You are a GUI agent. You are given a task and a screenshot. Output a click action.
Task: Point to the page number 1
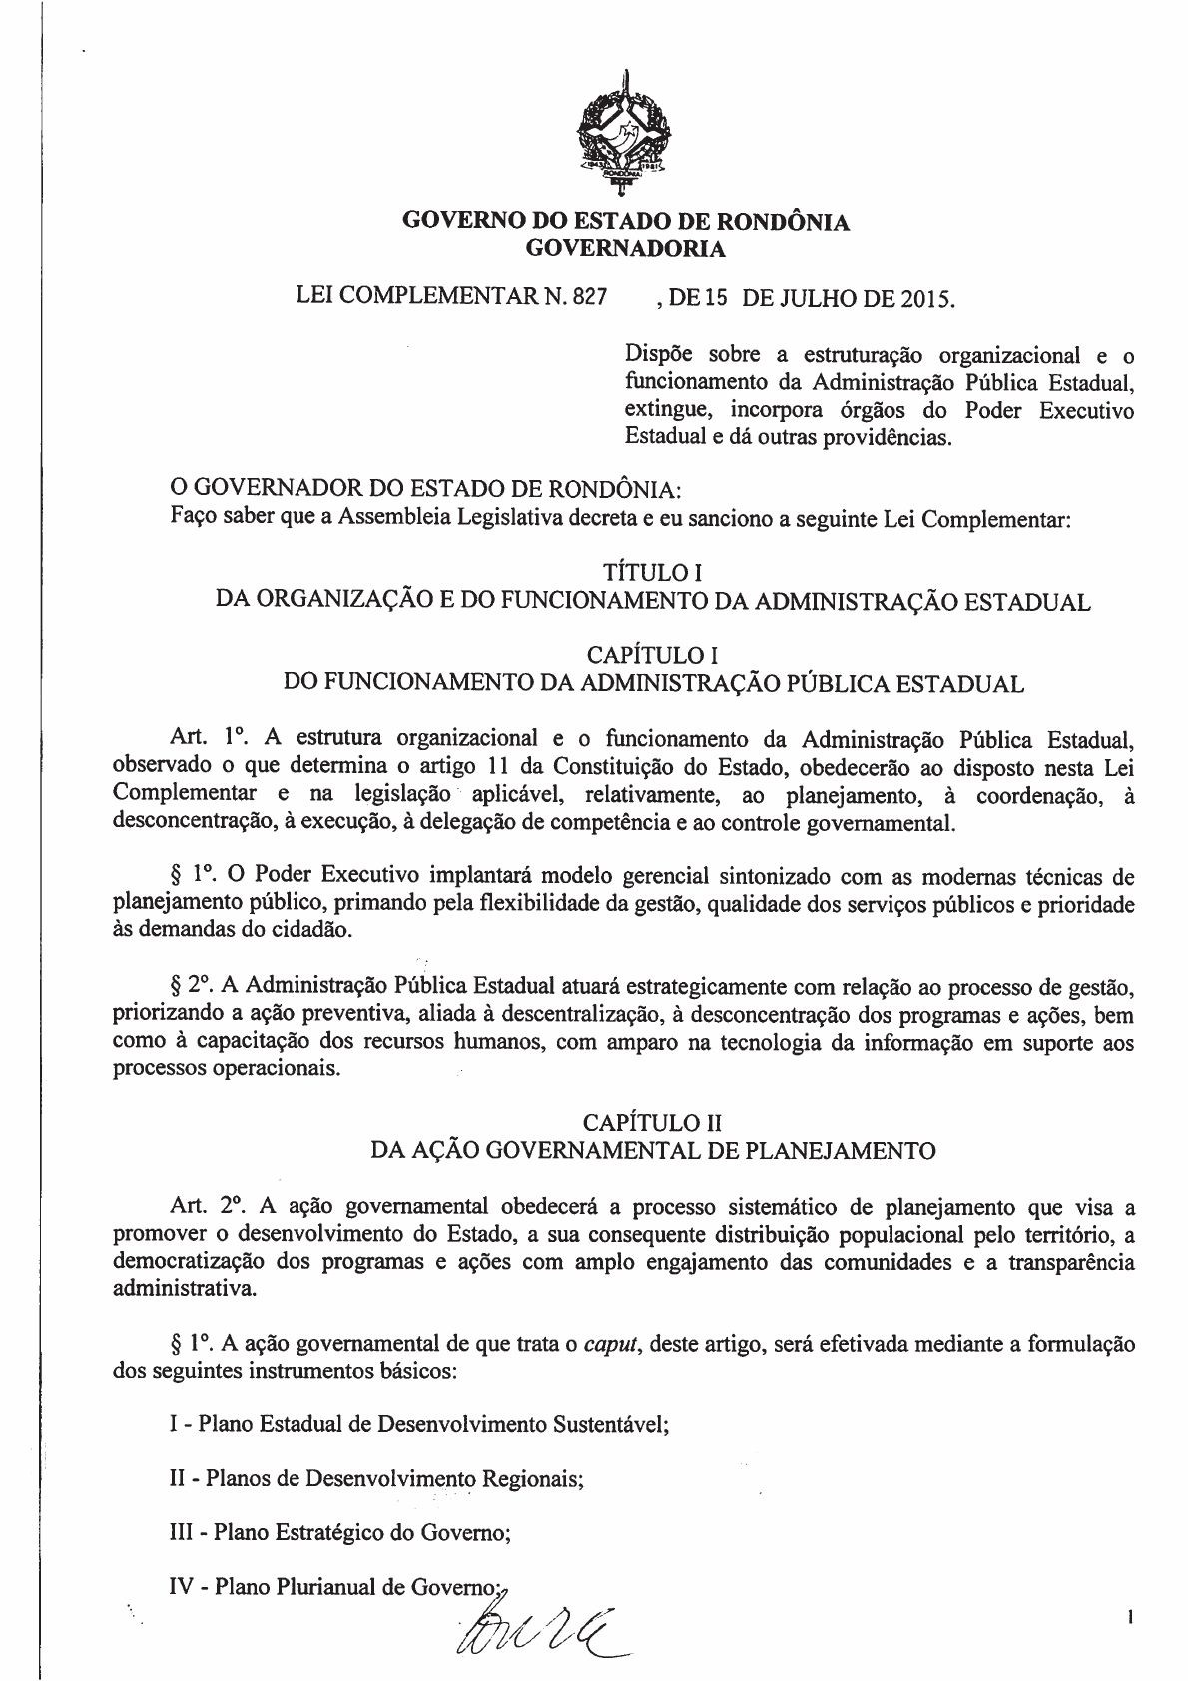tap(1129, 1615)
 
